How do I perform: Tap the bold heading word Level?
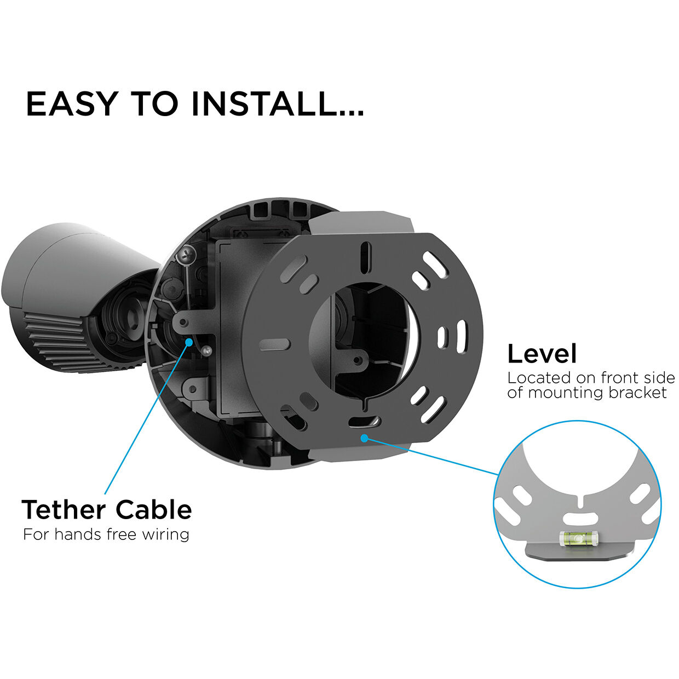click(542, 354)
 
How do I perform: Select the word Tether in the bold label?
click(64, 509)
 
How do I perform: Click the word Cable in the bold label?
click(154, 509)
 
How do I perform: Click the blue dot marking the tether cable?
click(189, 342)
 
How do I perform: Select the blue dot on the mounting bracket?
click(365, 438)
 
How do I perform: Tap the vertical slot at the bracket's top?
click(366, 256)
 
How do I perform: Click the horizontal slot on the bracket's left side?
click(275, 344)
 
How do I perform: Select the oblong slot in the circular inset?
click(580, 518)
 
